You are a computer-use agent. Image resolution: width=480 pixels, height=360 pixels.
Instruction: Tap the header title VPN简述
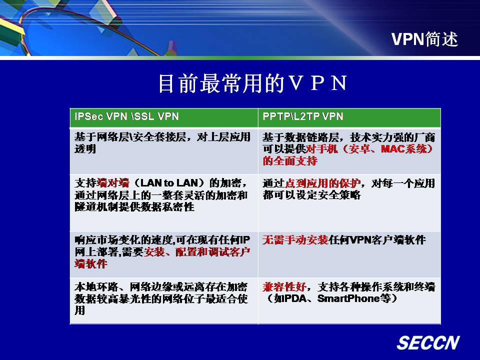coord(424,39)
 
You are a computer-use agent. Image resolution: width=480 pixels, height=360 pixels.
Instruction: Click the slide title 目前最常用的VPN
coord(253,83)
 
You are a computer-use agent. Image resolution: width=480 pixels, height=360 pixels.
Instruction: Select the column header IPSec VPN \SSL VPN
coord(126,116)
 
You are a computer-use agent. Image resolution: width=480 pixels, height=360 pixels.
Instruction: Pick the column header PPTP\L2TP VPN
coord(303,116)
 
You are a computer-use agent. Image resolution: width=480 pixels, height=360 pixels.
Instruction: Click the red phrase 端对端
coord(113,183)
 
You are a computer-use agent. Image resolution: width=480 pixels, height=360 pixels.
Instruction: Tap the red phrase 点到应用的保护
coord(322,183)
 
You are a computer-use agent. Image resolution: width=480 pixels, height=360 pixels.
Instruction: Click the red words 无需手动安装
coord(295,240)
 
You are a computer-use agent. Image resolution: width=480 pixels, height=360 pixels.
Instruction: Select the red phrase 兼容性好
coord(284,287)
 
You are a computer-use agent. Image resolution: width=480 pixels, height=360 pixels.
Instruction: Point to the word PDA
coord(295,298)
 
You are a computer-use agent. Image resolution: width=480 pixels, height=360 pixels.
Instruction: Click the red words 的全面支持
coord(290,160)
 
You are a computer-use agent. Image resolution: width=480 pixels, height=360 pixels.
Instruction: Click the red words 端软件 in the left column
coord(91,263)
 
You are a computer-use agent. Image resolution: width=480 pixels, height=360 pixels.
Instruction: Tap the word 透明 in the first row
coord(85,149)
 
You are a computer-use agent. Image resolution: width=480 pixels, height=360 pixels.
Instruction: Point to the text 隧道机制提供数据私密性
coord(134,206)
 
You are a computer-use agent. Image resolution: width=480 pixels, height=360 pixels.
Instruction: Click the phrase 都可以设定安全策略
coord(311,195)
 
